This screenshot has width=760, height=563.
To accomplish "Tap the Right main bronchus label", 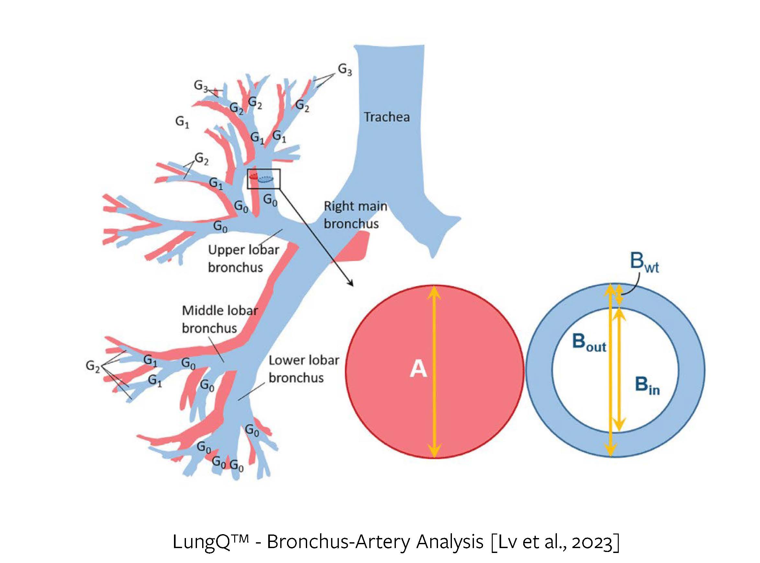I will tap(355, 215).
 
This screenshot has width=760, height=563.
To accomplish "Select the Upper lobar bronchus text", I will tap(243, 259).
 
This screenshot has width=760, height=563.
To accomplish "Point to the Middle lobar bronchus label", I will tap(220, 319).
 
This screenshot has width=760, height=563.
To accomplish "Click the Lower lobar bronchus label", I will tap(304, 369).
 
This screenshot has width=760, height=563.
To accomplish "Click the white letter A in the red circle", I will tap(418, 369).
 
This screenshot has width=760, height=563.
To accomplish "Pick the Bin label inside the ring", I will tap(647, 386).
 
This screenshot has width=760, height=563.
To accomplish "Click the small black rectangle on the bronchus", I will tap(264, 179).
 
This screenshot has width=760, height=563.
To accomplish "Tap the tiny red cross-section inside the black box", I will tap(253, 177).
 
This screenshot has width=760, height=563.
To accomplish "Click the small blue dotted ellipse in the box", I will tap(266, 179).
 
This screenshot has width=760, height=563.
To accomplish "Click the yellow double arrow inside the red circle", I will tap(434, 371).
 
